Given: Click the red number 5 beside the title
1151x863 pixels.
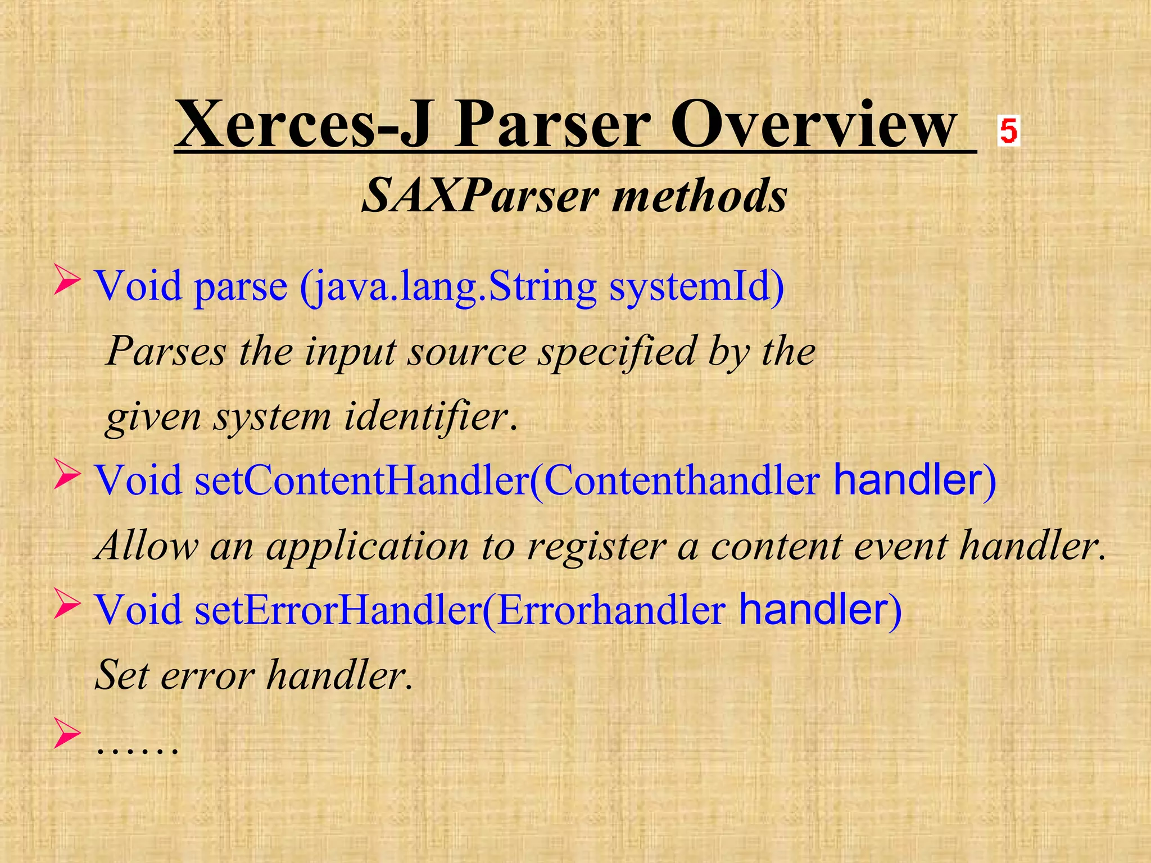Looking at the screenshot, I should [x=1008, y=131].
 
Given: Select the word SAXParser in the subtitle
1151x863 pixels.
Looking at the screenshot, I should [x=481, y=196].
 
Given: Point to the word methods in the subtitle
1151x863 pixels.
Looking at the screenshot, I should [x=700, y=196].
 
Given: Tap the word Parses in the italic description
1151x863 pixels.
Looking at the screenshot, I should [x=166, y=352].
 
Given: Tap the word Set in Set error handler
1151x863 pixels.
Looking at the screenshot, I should [x=123, y=675].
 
